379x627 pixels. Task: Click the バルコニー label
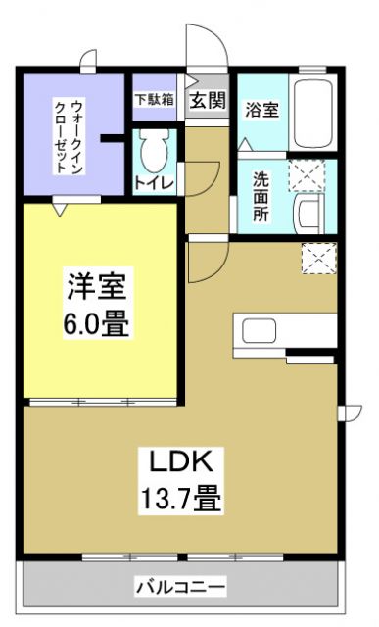click(180, 589)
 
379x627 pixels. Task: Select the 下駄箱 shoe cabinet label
click(154, 98)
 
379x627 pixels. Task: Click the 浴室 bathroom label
click(261, 109)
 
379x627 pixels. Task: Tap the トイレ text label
click(153, 182)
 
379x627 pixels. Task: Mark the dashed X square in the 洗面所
click(303, 176)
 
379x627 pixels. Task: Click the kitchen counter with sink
click(284, 333)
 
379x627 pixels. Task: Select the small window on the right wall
click(346, 411)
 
